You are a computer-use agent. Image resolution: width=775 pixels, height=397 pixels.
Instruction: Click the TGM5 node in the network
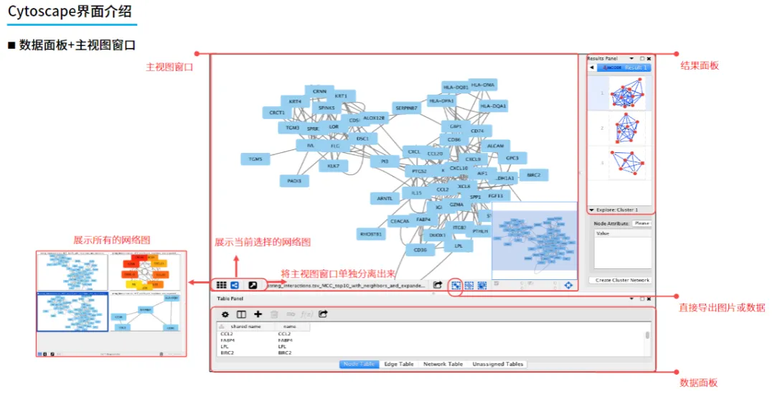[255, 159]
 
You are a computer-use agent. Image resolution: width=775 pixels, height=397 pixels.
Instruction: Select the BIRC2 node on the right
[533, 174]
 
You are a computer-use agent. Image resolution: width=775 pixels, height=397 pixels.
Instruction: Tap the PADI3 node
[294, 181]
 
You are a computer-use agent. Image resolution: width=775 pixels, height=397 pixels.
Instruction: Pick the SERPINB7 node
[406, 108]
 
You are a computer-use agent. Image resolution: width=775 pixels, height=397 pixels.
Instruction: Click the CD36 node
[421, 250]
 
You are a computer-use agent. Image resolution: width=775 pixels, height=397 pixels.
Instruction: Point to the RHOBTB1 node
[371, 234]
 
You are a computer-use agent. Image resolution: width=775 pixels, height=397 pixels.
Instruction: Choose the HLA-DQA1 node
[493, 106]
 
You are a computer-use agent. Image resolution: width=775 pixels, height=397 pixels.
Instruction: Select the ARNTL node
[385, 197]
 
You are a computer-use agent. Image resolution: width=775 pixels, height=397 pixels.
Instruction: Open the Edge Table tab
[399, 364]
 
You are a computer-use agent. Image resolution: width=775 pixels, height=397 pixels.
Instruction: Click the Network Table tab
[443, 364]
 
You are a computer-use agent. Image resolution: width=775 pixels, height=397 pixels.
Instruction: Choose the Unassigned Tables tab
[498, 364]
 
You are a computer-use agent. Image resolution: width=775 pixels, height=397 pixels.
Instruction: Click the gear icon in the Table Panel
[225, 314]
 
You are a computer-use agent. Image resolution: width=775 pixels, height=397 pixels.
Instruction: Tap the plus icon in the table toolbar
[258, 314]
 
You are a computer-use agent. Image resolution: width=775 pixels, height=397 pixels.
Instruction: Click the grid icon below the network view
[222, 285]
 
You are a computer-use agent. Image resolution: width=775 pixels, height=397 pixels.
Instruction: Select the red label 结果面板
[699, 66]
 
